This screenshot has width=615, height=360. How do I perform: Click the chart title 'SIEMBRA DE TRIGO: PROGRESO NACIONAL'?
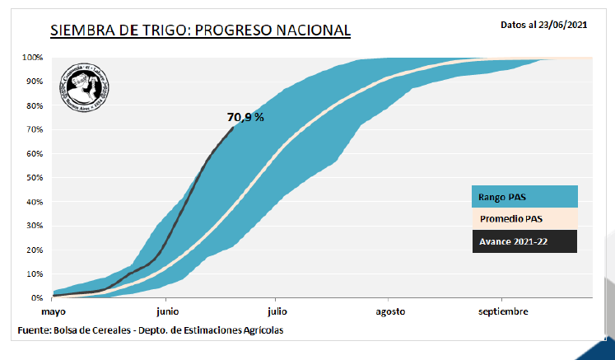point(200,30)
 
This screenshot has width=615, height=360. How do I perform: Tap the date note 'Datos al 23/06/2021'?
point(544,25)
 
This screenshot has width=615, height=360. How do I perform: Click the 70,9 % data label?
point(245,117)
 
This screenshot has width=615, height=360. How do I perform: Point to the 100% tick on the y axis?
point(33,58)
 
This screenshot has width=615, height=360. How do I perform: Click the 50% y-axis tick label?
point(35,178)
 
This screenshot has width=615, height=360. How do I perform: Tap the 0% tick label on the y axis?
point(37,297)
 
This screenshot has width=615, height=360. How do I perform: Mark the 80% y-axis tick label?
point(35,105)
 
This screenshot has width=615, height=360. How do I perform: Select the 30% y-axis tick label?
point(35,226)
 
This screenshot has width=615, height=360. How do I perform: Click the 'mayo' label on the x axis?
point(53,311)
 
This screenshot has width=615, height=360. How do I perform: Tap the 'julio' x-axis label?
point(277,311)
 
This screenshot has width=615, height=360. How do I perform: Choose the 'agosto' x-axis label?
point(391,311)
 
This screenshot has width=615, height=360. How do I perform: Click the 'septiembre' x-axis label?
point(503,311)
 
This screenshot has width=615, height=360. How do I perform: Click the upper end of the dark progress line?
point(234,127)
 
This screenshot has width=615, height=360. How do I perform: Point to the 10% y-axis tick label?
point(35,274)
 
